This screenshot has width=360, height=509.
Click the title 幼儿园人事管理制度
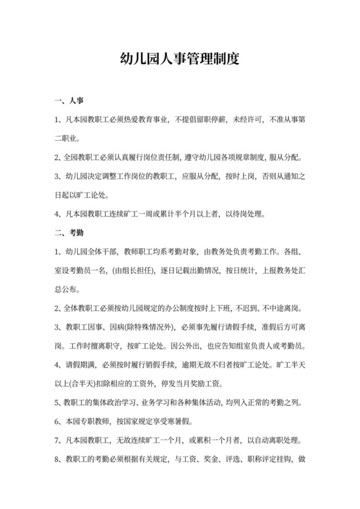180,61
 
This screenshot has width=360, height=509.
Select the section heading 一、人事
66,101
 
